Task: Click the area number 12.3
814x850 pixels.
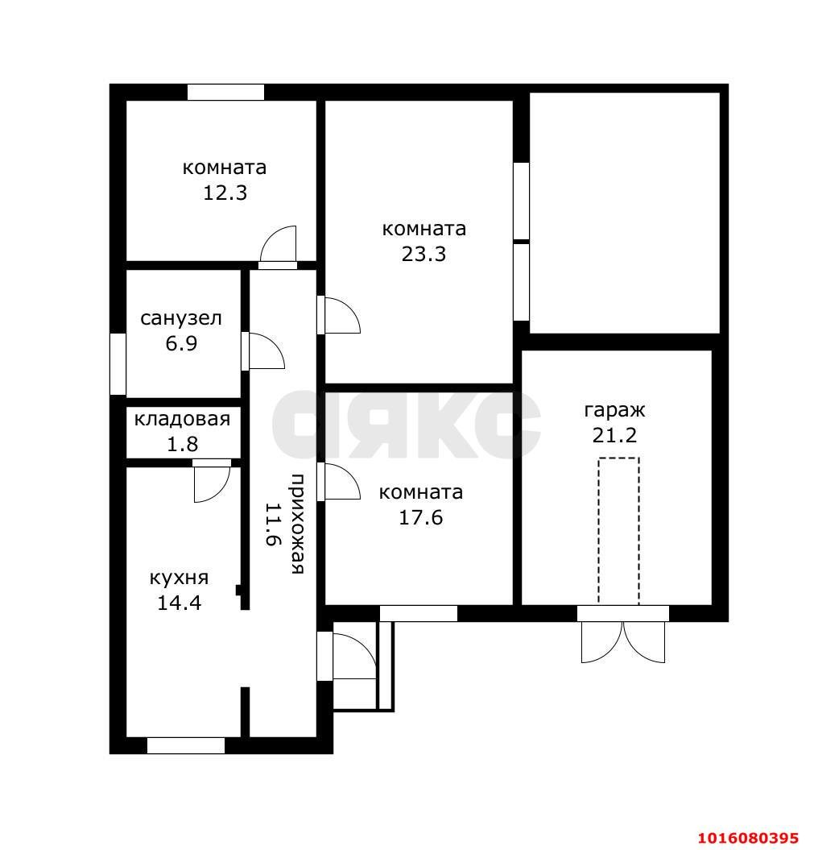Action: [x=225, y=193]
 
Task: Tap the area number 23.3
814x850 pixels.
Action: [x=424, y=255]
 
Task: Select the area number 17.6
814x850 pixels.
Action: [x=421, y=518]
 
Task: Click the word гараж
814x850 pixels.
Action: [x=614, y=411]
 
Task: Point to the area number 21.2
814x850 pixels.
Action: [x=614, y=435]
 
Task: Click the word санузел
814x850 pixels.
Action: [x=181, y=318]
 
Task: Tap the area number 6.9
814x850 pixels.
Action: [x=181, y=344]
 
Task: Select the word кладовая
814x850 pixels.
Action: [x=182, y=419]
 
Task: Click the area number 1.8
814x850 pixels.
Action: [x=182, y=445]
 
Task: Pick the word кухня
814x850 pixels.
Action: [x=179, y=578]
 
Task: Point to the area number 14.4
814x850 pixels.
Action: [x=179, y=603]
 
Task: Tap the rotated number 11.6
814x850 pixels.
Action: [x=274, y=525]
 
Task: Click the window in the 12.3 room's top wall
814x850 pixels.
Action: [x=225, y=92]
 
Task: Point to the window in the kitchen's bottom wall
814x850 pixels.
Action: [x=186, y=746]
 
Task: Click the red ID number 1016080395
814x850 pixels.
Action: [x=748, y=838]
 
